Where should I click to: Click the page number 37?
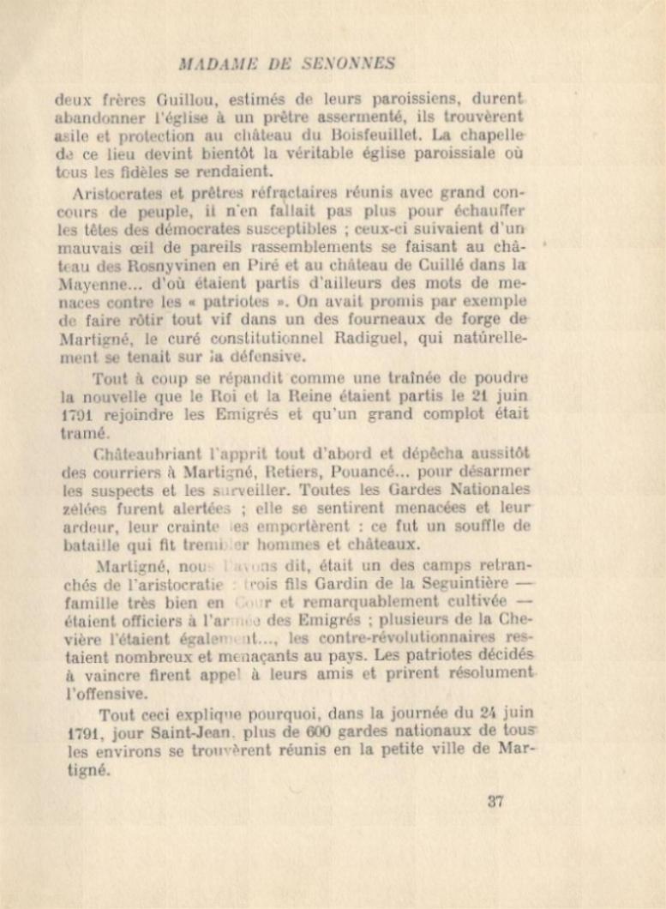[x=495, y=802]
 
